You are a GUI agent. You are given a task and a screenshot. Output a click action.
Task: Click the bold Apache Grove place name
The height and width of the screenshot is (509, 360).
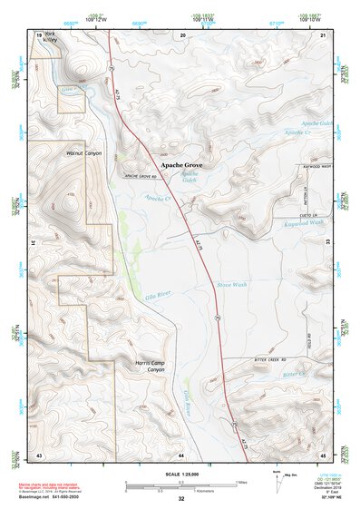(x=181, y=166)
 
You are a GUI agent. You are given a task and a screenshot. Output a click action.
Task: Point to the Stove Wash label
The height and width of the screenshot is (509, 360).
(x=232, y=285)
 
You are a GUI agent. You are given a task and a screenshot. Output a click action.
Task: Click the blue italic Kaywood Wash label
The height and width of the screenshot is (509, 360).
(x=303, y=223)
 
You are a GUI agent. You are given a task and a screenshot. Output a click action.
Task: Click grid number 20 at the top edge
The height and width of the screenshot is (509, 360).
(x=182, y=34)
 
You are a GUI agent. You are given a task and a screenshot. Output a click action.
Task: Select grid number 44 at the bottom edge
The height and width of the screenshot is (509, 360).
(x=181, y=453)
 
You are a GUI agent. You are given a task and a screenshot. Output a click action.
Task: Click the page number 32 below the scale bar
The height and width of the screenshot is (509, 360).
(x=181, y=500)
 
